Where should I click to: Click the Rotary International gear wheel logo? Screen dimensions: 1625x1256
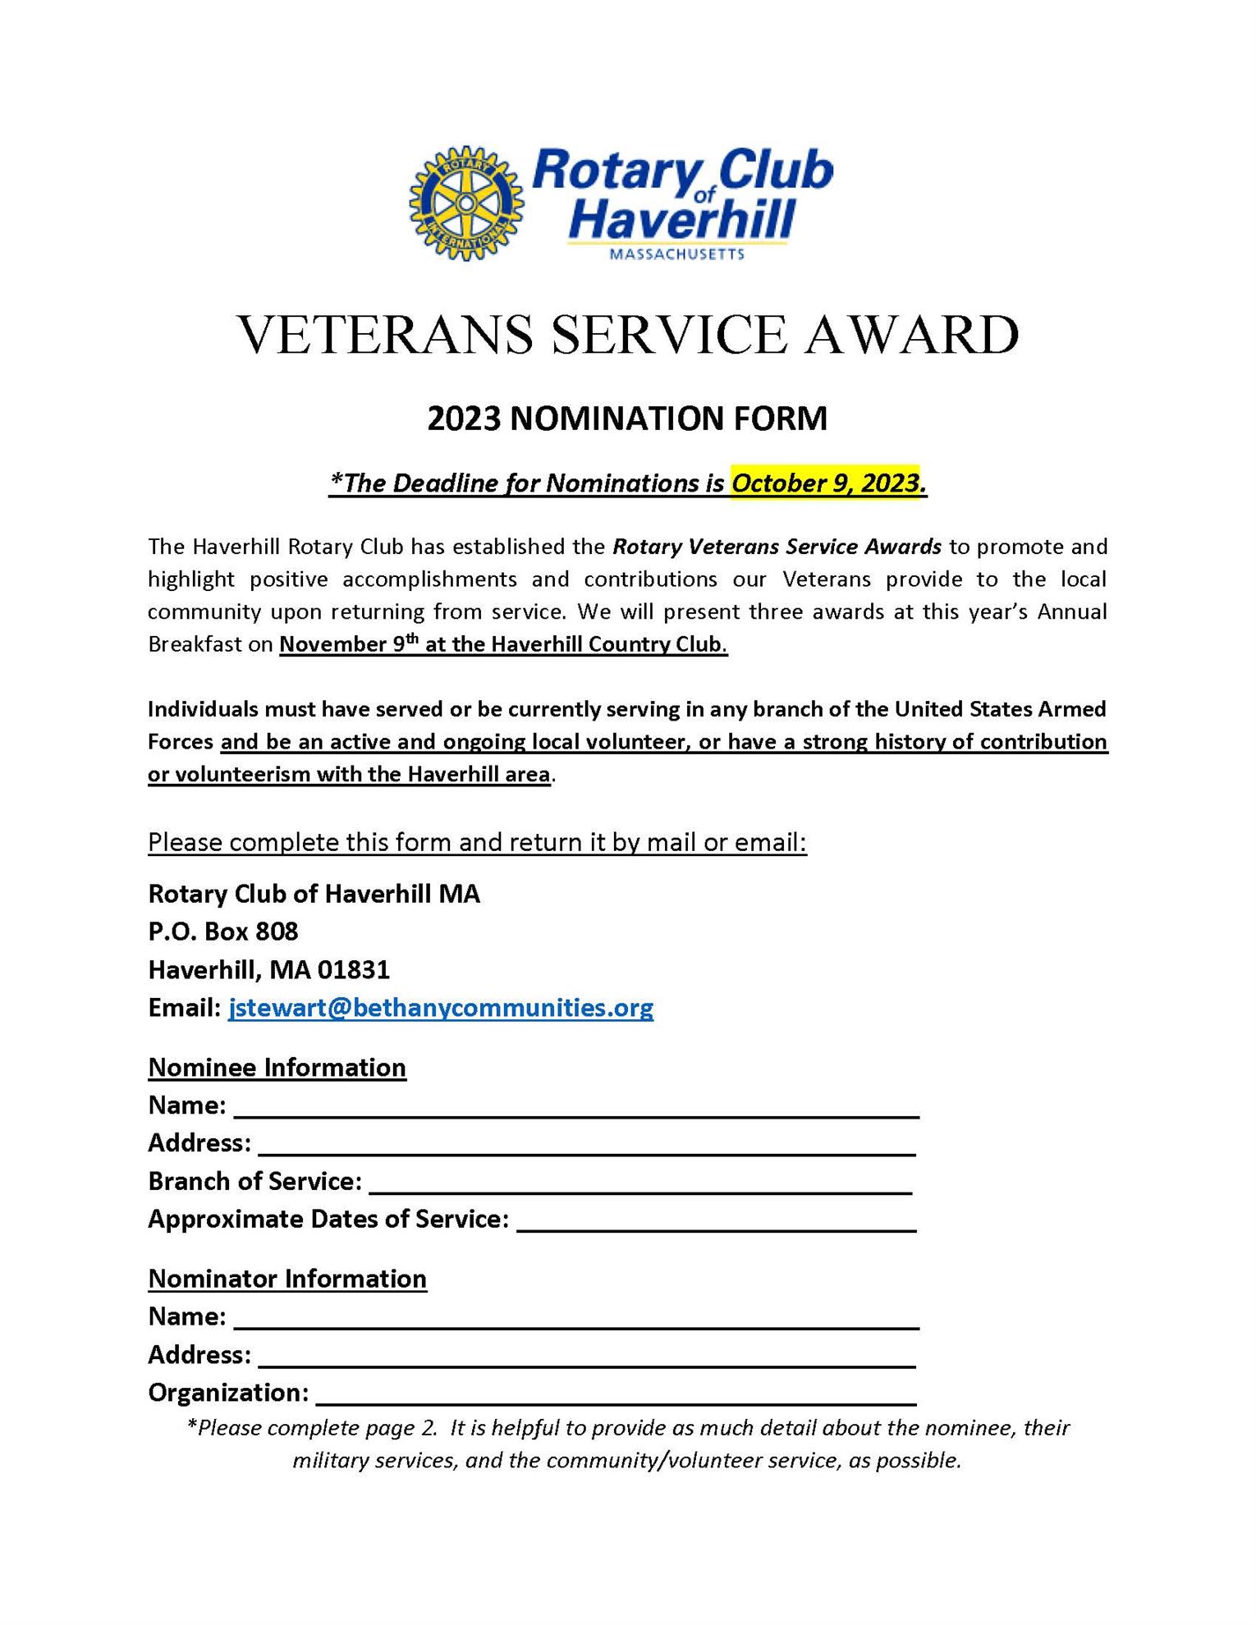click(465, 204)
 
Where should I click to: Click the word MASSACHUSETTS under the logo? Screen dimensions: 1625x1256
click(677, 254)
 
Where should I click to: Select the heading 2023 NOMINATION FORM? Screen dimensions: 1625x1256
click(627, 419)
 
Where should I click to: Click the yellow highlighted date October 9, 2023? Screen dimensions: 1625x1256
click(827, 483)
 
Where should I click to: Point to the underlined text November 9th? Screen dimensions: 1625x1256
click(348, 644)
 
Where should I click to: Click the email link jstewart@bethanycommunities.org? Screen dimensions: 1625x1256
click(441, 1008)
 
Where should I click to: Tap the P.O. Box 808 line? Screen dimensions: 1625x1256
click(223, 932)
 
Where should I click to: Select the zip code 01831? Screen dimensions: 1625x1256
click(354, 970)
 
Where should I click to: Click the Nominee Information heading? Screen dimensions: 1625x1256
click(277, 1068)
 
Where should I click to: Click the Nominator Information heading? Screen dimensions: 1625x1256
click(287, 1279)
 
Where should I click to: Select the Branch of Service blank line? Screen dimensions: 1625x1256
click(640, 1185)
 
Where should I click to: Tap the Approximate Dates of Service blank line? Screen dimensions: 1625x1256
click(716, 1223)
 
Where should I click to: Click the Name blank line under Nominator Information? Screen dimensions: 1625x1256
click(576, 1321)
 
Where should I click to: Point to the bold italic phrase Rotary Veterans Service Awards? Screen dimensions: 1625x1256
click(777, 547)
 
